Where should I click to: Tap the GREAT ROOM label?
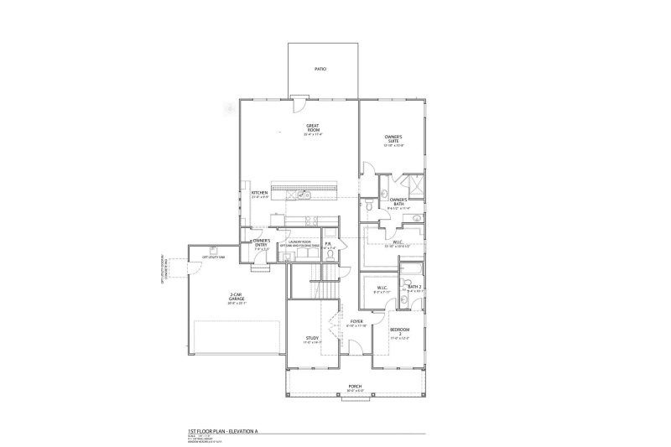[313, 129]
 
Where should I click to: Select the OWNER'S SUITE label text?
[394, 139]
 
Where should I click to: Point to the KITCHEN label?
[260, 194]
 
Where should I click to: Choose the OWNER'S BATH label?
[398, 202]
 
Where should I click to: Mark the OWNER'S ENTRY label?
[262, 243]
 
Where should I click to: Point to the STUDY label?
[313, 338]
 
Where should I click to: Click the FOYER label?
[356, 321]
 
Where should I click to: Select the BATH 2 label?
[414, 287]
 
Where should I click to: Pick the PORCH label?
[356, 387]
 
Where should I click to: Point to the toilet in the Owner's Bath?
[370, 204]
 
